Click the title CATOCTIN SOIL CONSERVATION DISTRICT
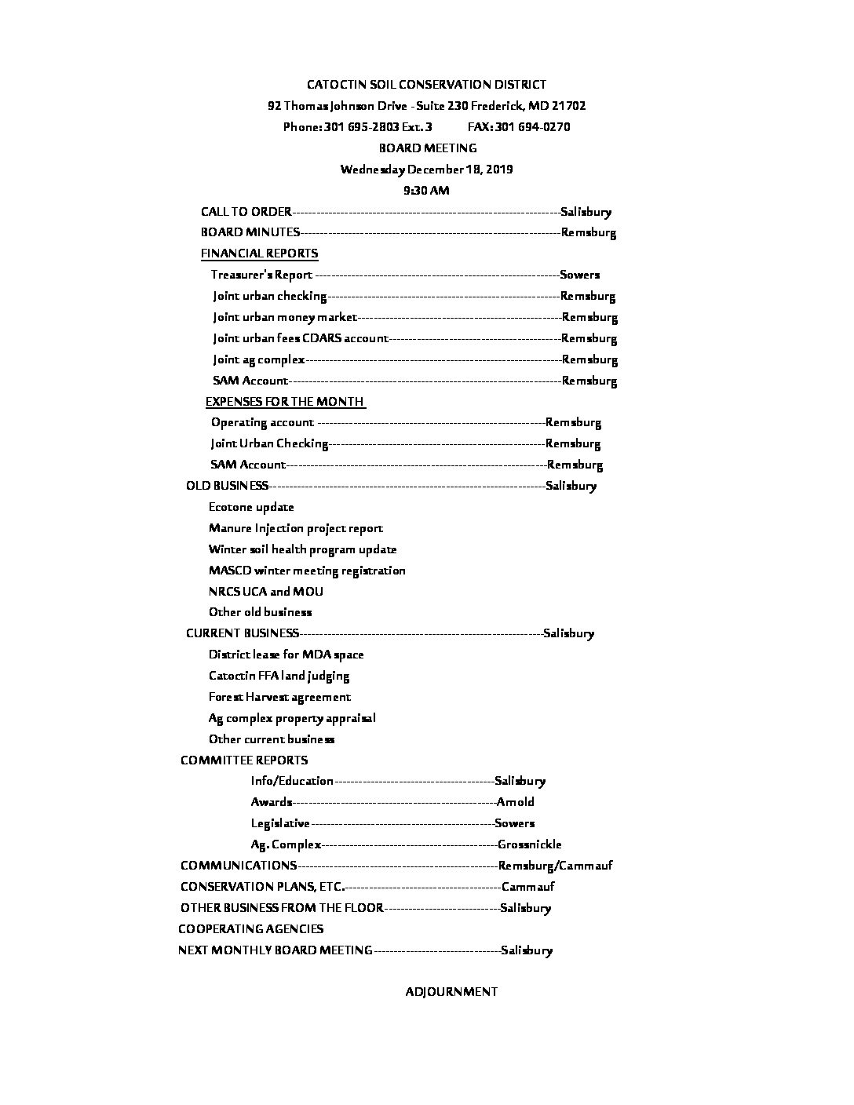[x=426, y=85]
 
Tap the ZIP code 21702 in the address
[x=568, y=106]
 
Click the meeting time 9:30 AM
[x=426, y=191]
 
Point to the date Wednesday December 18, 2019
[x=426, y=170]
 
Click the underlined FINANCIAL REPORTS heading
[x=259, y=253]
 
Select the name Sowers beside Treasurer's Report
[x=579, y=275]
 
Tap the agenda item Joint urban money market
[x=284, y=318]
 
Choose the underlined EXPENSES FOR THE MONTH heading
[x=284, y=402]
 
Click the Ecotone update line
[x=251, y=507]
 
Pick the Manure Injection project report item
[x=296, y=528]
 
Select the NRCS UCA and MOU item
[x=266, y=592]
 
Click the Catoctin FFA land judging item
[x=279, y=676]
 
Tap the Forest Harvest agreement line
[x=279, y=697]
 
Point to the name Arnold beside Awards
[x=516, y=802]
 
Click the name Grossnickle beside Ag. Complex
[x=530, y=844]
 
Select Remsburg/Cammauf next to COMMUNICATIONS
[x=556, y=866]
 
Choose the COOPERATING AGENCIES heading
[x=250, y=929]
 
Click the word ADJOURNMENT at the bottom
[x=451, y=992]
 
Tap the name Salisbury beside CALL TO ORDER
[x=586, y=212]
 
